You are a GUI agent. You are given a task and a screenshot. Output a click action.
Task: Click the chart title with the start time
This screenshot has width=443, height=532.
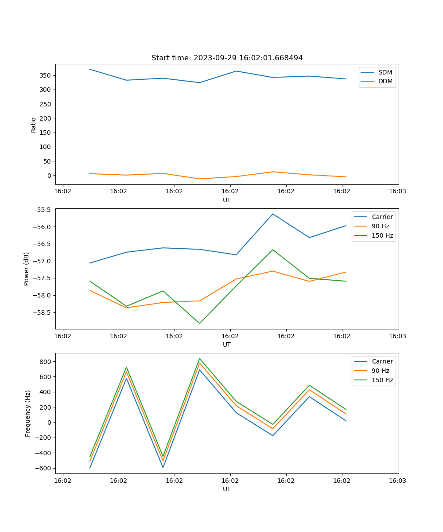coord(227,58)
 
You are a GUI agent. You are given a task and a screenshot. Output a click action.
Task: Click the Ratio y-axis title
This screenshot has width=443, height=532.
coord(34,125)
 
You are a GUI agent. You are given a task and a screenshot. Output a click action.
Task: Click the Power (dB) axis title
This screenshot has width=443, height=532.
coord(27,269)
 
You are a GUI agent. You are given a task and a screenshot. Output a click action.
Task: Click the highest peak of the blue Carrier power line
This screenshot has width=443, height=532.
coord(273,214)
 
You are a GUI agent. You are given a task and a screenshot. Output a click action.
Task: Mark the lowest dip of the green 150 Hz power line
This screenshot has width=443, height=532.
coord(199,323)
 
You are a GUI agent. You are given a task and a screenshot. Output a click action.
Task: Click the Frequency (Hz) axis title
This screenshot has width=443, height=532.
coord(28,413)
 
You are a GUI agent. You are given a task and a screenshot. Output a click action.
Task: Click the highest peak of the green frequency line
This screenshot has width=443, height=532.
coord(199,358)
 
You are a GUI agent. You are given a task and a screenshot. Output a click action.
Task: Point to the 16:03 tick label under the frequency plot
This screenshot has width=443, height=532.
coord(397,480)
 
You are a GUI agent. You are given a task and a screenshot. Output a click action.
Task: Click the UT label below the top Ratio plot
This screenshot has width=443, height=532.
coord(227,200)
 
